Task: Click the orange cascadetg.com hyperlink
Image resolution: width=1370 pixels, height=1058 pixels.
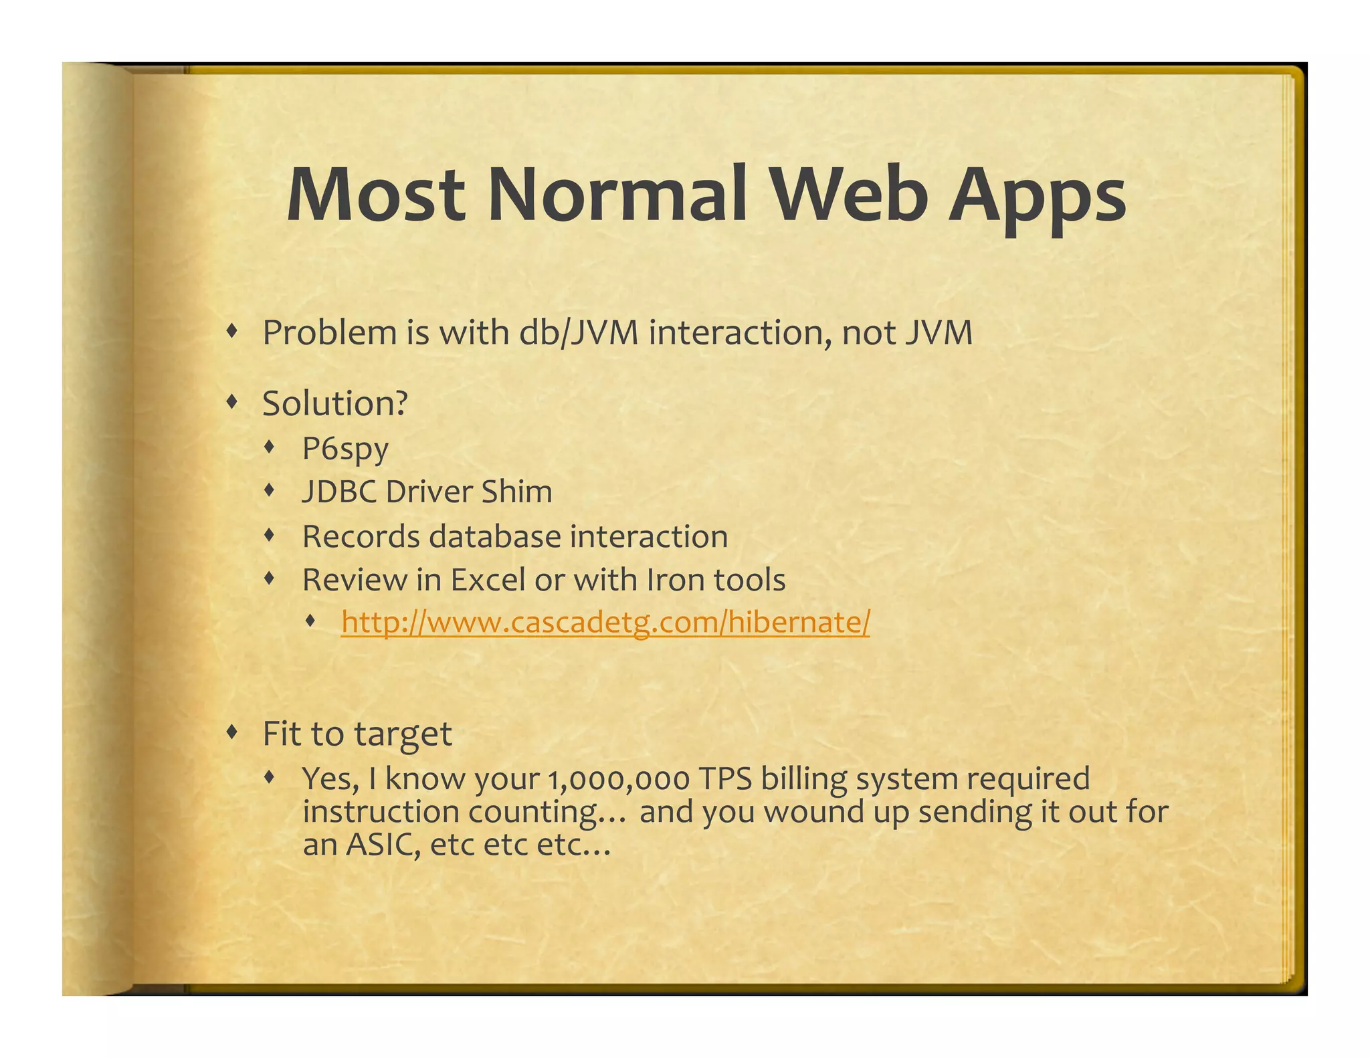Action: pos(605,622)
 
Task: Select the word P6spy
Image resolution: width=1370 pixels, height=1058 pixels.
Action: pos(345,449)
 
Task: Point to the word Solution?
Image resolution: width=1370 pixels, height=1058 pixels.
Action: pos(334,403)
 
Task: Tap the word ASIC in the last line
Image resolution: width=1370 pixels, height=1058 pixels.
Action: pos(383,845)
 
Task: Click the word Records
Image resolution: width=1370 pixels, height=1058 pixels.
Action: pos(361,536)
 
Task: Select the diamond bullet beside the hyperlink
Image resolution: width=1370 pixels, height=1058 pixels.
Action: pos(310,621)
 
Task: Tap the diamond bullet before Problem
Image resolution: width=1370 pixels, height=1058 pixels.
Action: pos(232,330)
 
